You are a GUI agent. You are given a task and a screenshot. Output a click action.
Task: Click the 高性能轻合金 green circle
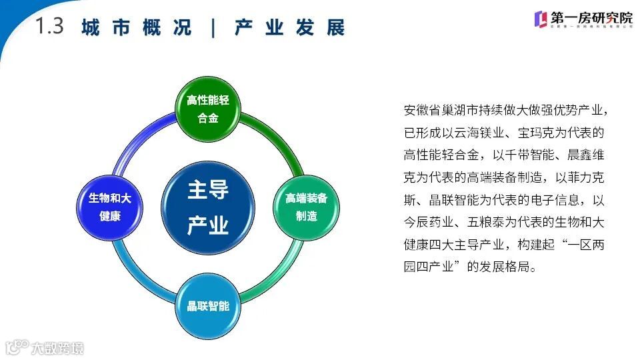coord(207,109)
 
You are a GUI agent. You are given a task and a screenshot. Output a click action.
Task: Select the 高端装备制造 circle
coord(307,207)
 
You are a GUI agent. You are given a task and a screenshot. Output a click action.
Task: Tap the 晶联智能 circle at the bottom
coord(207,307)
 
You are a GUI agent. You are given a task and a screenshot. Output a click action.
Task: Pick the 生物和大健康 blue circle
coord(110,207)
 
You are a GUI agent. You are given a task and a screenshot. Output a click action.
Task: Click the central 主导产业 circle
coord(207,207)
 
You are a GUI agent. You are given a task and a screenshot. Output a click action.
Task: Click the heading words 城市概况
coord(137,28)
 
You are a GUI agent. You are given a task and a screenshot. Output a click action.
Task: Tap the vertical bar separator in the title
coord(213,28)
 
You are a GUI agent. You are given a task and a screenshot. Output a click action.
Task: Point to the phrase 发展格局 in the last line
coord(501,267)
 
